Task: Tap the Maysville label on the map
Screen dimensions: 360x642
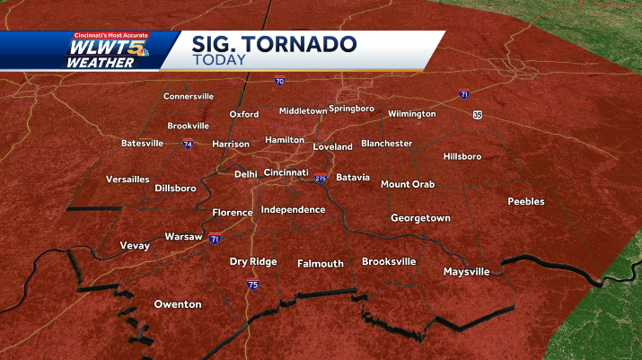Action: (467, 271)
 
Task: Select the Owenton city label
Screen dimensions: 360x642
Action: (178, 304)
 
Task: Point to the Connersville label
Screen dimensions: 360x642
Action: (189, 96)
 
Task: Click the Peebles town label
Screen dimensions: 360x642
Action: (526, 201)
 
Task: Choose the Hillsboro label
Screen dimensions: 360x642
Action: (462, 156)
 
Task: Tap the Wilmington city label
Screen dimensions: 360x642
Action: (412, 114)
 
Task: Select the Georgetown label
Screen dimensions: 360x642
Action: (420, 218)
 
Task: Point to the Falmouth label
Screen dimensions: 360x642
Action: (321, 263)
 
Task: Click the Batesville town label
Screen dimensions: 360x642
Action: (143, 143)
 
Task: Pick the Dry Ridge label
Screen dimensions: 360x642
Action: (252, 262)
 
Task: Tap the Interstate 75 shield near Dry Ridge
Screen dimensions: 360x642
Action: (254, 285)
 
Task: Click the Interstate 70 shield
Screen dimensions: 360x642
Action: (280, 81)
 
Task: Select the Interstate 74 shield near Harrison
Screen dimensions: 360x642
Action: (188, 144)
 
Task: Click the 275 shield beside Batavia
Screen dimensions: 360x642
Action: (321, 178)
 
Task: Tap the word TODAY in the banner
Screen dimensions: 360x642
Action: (217, 60)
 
